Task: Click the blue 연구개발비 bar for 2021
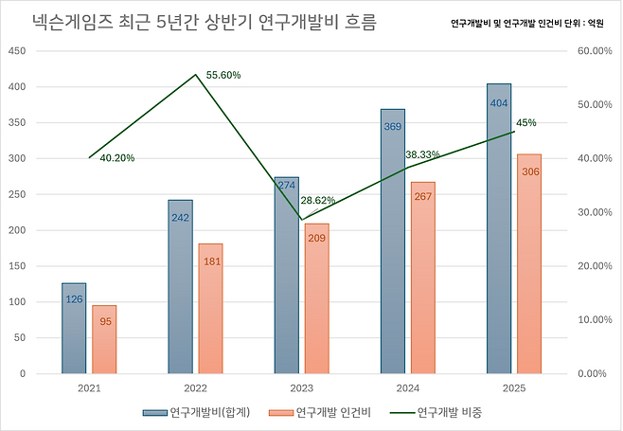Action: tap(74, 328)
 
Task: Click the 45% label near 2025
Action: tap(526, 123)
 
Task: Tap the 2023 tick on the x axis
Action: tap(301, 388)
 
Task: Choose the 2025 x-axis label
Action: tap(513, 388)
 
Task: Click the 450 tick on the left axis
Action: tap(16, 51)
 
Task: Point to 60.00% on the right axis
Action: tap(595, 51)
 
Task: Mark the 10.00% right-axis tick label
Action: tap(595, 319)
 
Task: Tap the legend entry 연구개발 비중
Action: tap(446, 413)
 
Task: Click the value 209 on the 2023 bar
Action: tap(316, 237)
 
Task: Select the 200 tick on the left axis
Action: tap(16, 230)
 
